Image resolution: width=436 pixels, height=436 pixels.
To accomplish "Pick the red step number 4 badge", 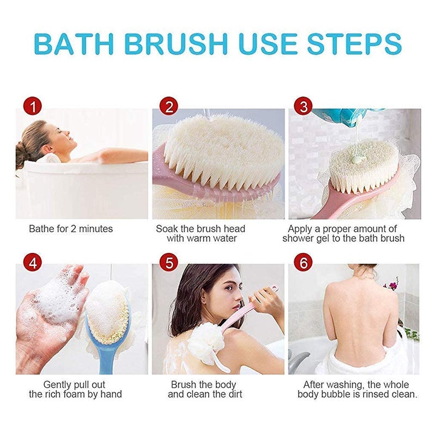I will click(x=34, y=263).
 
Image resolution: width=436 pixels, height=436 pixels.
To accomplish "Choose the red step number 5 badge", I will click(x=169, y=263).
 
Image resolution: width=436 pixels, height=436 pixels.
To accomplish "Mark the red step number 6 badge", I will click(x=304, y=263).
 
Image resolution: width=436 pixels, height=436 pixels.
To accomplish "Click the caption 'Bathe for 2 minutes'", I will click(x=71, y=229).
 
